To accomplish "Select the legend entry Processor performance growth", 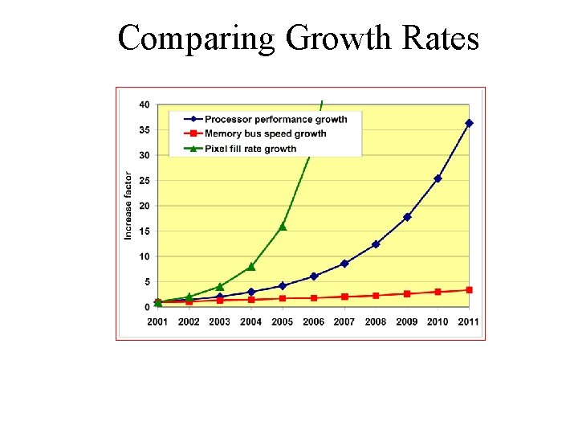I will [x=275, y=119].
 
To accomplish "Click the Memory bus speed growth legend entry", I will [x=265, y=133].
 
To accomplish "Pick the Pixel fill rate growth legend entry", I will [x=250, y=148].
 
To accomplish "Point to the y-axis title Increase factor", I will [x=128, y=205].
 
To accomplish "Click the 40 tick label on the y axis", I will [x=144, y=104].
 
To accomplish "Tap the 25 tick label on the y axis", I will [x=144, y=181].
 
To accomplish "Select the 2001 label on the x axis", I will [x=157, y=321].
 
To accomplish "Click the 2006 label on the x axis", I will [x=313, y=321].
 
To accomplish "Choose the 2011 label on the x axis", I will [x=469, y=321].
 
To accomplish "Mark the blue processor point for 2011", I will [x=469, y=123].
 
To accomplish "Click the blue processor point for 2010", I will [x=438, y=178].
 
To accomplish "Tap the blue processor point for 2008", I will [x=376, y=244].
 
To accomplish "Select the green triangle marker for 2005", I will [x=283, y=227].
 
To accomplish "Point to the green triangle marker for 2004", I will [x=251, y=267].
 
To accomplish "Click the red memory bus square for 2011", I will [x=469, y=290].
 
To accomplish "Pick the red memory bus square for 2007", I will [x=344, y=297].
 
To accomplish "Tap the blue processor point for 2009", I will [x=407, y=217].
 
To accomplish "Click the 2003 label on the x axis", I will [x=220, y=321].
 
